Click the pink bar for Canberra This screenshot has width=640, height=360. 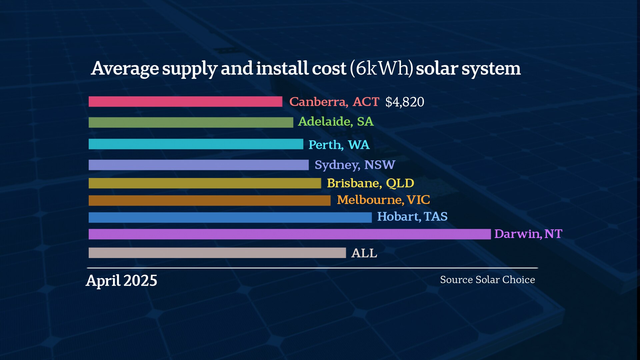185,102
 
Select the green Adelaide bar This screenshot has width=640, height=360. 191,122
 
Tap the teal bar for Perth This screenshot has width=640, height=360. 196,144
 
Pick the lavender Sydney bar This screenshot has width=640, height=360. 199,165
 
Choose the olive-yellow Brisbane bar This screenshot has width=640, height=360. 205,183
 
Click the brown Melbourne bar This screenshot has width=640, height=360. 209,200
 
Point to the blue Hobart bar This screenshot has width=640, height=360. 230,217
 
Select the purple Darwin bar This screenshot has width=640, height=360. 289,234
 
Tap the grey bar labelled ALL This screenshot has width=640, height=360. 217,253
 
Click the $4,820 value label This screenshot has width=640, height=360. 405,102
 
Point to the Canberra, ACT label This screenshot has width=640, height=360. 334,102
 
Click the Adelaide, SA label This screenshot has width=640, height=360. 336,122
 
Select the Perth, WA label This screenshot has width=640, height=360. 339,145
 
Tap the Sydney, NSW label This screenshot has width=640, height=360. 355,165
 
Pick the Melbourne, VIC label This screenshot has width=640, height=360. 383,200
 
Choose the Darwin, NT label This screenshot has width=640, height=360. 528,234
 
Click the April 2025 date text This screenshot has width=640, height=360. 121,281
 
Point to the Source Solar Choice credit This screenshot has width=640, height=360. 487,280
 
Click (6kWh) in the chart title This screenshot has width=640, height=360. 381,69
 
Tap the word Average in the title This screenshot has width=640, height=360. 125,69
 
